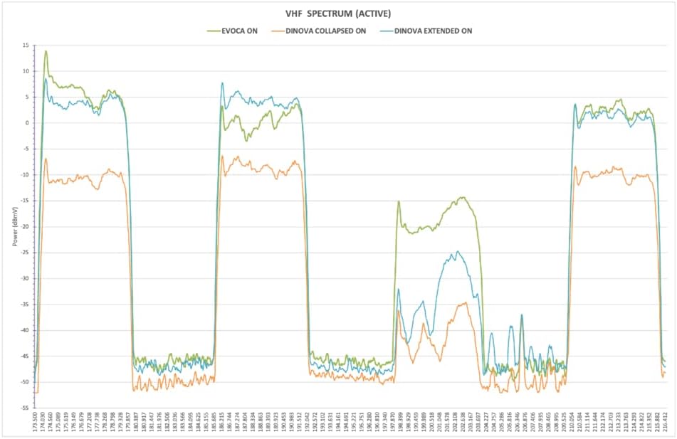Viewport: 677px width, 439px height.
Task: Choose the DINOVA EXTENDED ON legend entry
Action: pyautogui.click(x=426, y=31)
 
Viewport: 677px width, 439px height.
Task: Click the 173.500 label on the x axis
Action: pyautogui.click(x=35, y=423)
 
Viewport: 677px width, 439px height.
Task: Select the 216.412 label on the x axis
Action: pyautogui.click(x=666, y=423)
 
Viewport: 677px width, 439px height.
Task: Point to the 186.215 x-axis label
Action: pyautogui.click(x=221, y=423)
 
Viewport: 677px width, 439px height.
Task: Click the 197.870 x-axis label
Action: pyautogui.click(x=393, y=423)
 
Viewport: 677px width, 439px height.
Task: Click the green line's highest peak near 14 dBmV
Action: pyautogui.click(x=46, y=51)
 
